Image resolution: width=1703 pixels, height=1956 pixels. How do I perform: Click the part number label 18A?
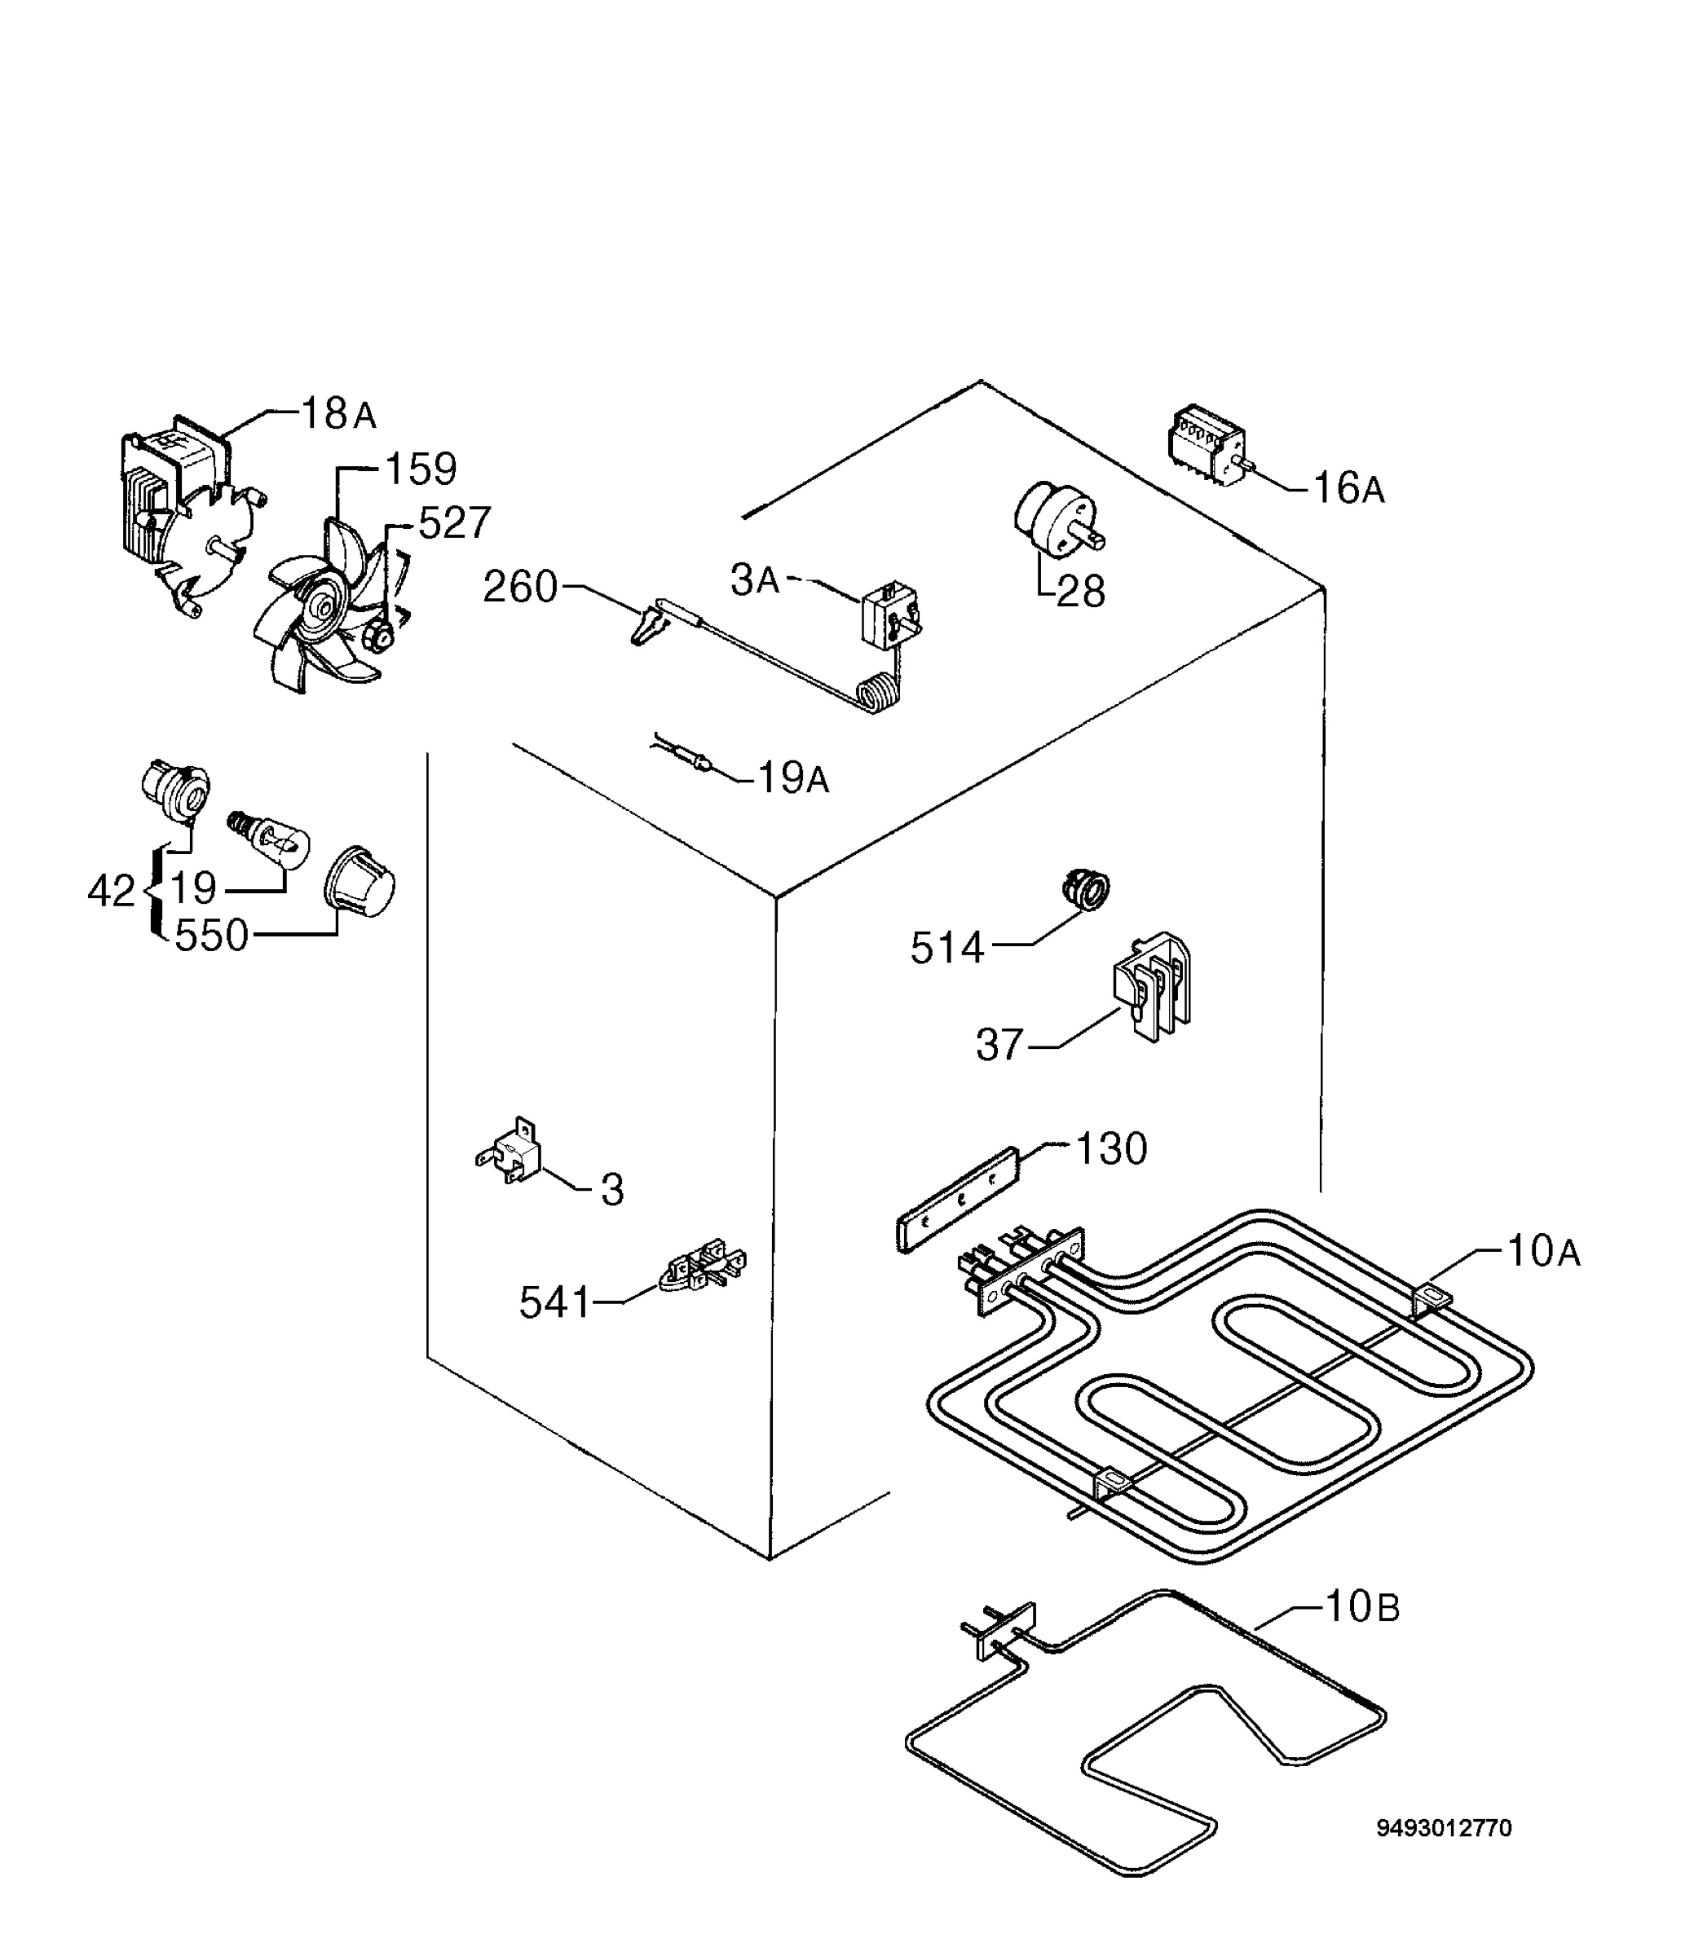(338, 414)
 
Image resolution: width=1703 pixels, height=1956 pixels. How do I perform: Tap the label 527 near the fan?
(454, 523)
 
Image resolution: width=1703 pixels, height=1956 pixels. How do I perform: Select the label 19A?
(793, 779)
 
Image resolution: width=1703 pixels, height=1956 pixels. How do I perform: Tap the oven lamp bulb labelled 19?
(271, 838)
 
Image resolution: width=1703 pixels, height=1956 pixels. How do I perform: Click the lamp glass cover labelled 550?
(360, 883)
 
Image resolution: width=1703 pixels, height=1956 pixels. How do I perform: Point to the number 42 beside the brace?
(111, 891)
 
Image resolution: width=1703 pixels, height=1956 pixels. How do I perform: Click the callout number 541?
(556, 1302)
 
